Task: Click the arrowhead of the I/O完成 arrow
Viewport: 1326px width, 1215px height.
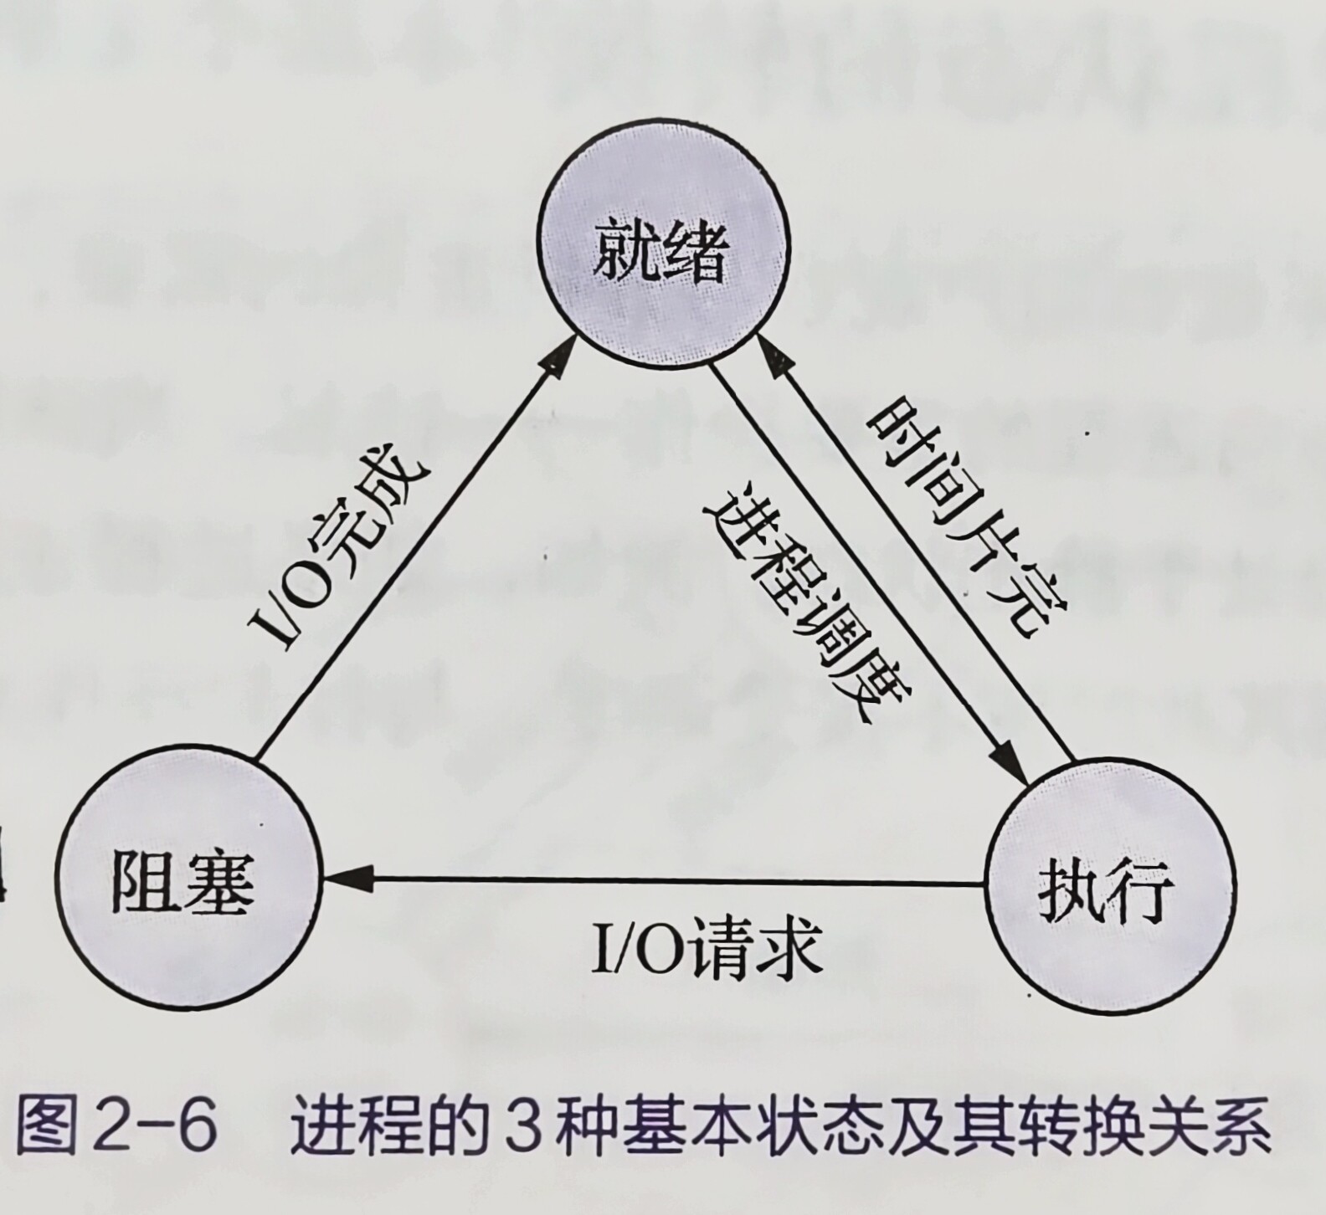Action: click(x=563, y=356)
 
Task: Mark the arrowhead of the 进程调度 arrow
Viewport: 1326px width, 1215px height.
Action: click(x=1014, y=762)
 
